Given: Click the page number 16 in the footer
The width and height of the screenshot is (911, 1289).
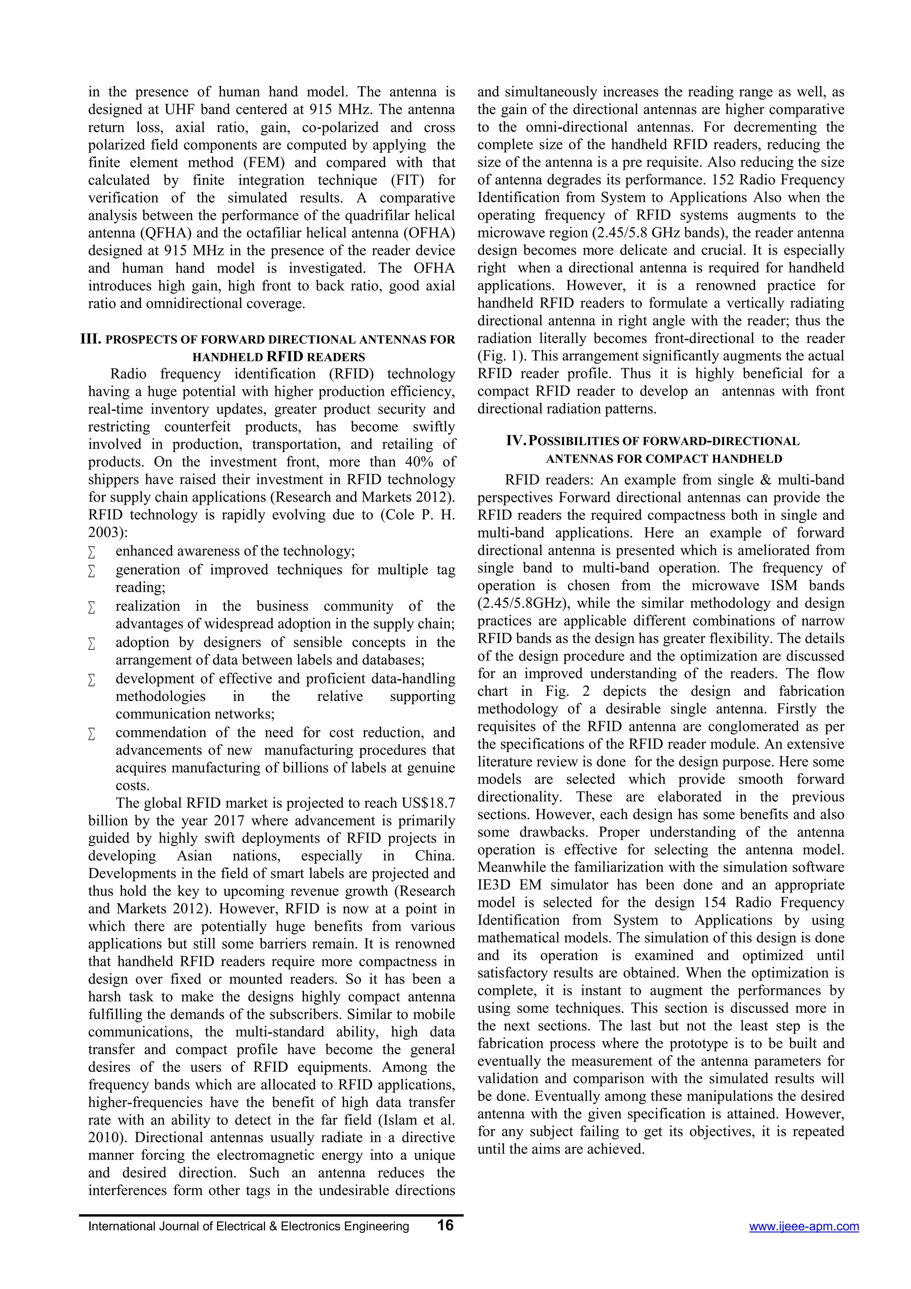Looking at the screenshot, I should [x=445, y=1225].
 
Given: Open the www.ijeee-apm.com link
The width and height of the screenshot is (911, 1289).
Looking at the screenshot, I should [x=804, y=1227].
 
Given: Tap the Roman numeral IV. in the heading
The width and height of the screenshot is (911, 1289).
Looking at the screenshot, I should [x=516, y=441].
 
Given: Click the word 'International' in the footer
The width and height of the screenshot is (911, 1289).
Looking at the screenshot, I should [x=117, y=1227].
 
